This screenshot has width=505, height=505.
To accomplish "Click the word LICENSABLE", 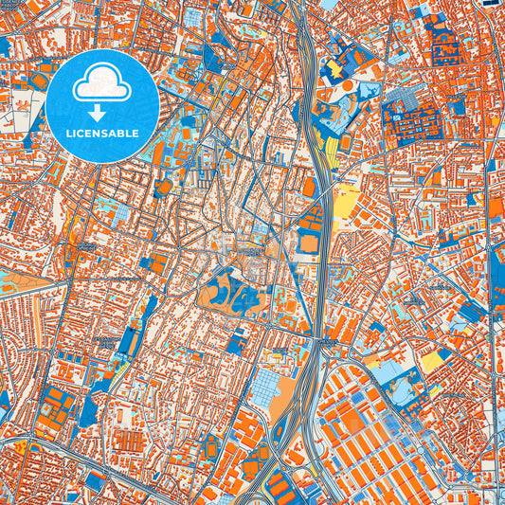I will tap(101, 134).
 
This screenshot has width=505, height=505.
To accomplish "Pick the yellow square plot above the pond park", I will tap(433, 360).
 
